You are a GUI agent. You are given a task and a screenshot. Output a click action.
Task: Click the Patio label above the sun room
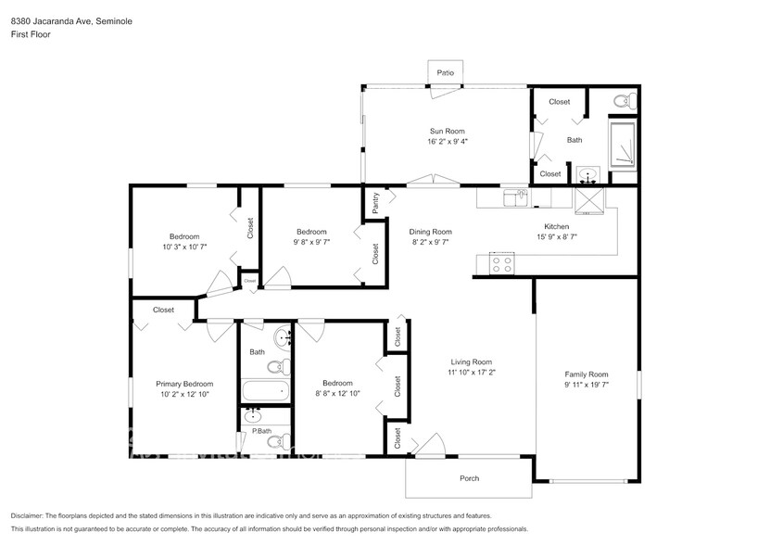coord(445,72)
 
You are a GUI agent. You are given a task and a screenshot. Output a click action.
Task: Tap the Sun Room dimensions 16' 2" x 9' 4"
coord(448,142)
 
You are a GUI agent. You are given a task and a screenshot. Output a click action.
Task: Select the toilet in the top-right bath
coord(621,100)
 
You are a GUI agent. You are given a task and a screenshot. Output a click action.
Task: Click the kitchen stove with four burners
coord(501,263)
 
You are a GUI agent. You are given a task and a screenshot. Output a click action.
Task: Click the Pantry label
coord(375,204)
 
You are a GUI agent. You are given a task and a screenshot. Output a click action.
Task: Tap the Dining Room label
coord(432,232)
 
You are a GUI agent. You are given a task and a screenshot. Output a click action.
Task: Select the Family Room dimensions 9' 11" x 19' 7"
coord(587,384)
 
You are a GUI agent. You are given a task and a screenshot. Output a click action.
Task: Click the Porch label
coord(470,478)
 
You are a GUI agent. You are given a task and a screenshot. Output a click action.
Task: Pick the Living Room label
coord(471,361)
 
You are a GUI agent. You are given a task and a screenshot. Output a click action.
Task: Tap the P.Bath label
coord(261,432)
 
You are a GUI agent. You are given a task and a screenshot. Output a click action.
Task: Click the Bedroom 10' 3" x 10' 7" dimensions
coord(183,247)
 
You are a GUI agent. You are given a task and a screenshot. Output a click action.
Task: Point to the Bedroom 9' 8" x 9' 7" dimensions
coord(311,241)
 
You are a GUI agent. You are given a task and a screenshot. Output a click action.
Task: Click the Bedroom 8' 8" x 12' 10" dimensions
coord(337,393)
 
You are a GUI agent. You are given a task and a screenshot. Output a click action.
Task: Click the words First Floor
coord(31,34)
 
